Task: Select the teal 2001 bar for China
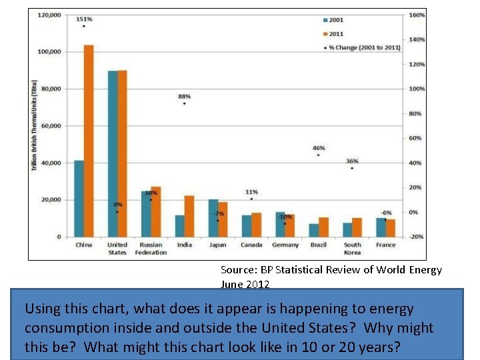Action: (x=79, y=199)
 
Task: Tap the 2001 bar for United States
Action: (x=113, y=154)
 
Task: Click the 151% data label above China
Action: (x=84, y=19)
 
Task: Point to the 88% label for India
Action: (x=184, y=96)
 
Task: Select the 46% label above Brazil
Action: (x=319, y=148)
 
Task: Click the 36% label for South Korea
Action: (x=352, y=161)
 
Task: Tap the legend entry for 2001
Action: (x=334, y=19)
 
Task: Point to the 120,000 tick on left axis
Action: (x=49, y=15)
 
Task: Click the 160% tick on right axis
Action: (x=417, y=15)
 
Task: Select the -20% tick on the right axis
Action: (x=417, y=237)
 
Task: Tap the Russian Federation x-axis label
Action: (x=151, y=249)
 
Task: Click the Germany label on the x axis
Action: (x=285, y=245)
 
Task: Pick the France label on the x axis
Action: (x=385, y=245)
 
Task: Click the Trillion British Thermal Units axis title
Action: (x=34, y=127)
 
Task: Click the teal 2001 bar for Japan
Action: (x=213, y=218)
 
